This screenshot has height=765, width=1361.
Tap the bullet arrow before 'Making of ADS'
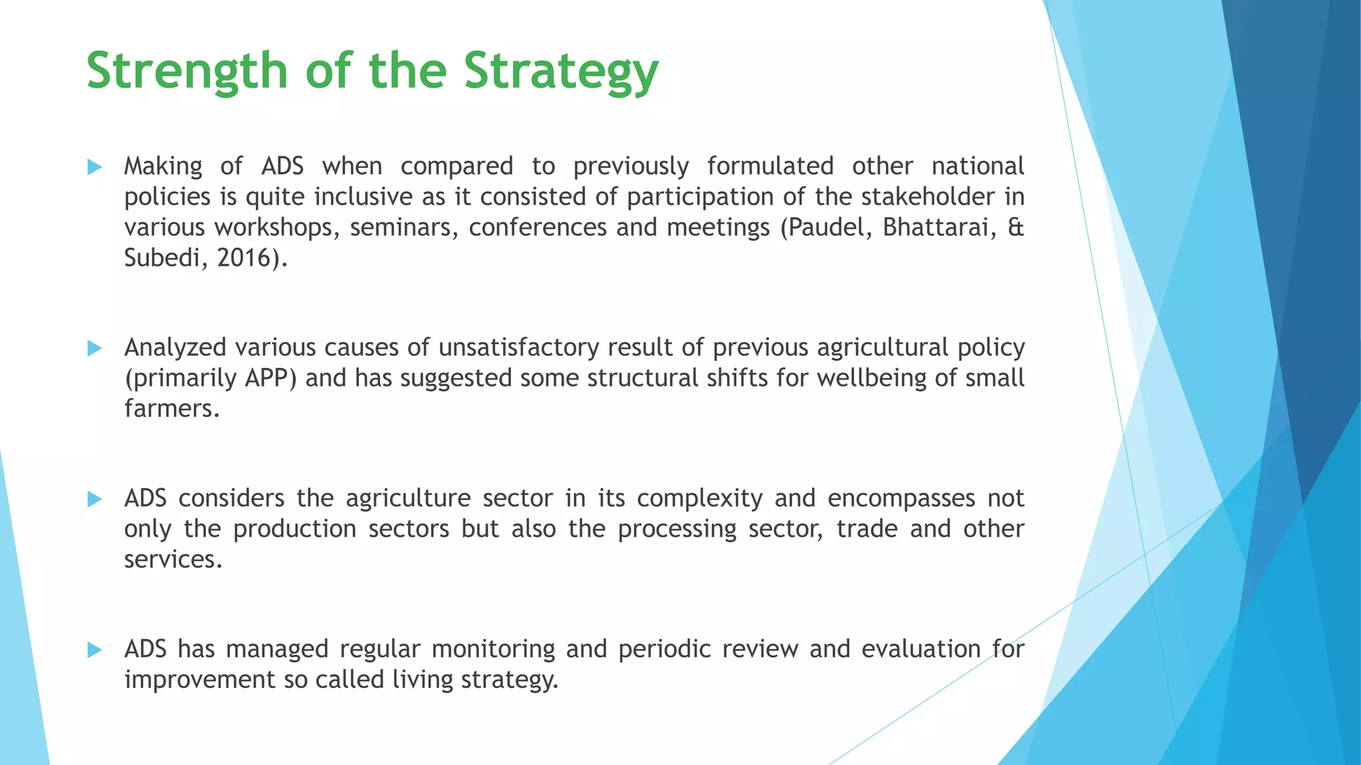(94, 167)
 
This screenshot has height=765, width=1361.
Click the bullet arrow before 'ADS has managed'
(94, 650)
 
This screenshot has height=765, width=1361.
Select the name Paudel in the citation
(828, 227)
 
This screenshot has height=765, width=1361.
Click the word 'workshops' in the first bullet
(276, 227)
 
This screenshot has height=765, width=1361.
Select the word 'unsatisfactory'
(519, 347)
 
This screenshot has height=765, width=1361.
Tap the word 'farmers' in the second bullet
(170, 408)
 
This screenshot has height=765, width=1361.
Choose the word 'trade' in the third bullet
(867, 529)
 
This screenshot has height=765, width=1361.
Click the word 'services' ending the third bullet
(171, 559)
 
